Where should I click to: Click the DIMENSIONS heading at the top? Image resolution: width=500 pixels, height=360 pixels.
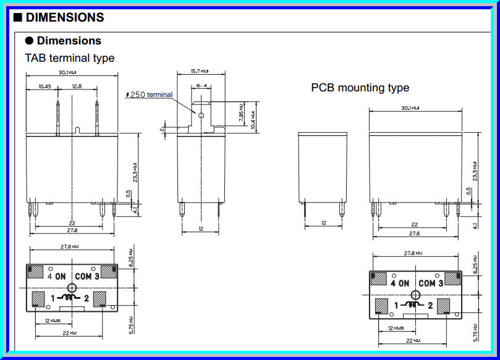coord(64,17)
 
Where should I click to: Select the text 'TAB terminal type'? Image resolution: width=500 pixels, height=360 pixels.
coord(69,58)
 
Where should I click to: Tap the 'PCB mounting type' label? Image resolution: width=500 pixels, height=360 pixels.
coord(360,88)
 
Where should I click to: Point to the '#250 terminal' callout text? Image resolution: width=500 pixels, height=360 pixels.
coord(148,94)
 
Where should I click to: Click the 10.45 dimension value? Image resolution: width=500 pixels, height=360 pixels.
coord(44,86)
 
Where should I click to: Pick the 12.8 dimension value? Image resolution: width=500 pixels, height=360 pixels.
coord(77,86)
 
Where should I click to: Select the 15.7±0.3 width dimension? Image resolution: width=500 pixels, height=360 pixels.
coord(200,72)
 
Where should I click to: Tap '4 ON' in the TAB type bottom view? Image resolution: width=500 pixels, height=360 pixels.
coord(56,276)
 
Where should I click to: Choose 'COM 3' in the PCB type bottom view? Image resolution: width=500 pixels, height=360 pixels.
coord(431,283)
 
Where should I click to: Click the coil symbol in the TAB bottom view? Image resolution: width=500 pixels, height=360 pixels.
coord(71,299)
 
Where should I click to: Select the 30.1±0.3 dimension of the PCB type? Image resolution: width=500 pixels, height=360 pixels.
coord(410,108)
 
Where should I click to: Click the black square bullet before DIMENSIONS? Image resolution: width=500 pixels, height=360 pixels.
coord(18,17)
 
